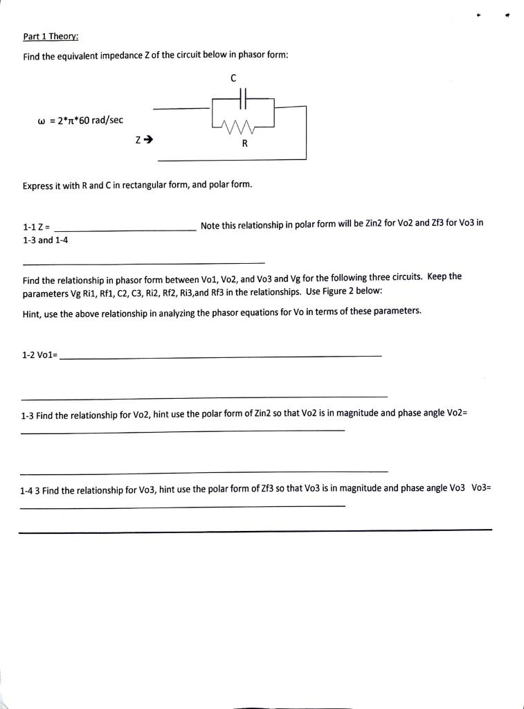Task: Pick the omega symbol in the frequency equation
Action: click(x=42, y=120)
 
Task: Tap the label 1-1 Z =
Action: click(x=36, y=226)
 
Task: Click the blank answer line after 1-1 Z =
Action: click(x=125, y=230)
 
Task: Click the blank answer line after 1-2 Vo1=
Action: click(x=222, y=356)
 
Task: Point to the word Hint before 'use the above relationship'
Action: click(x=33, y=312)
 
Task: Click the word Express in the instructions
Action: click(x=39, y=185)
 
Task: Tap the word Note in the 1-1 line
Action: click(x=211, y=224)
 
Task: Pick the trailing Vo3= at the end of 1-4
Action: click(x=480, y=488)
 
